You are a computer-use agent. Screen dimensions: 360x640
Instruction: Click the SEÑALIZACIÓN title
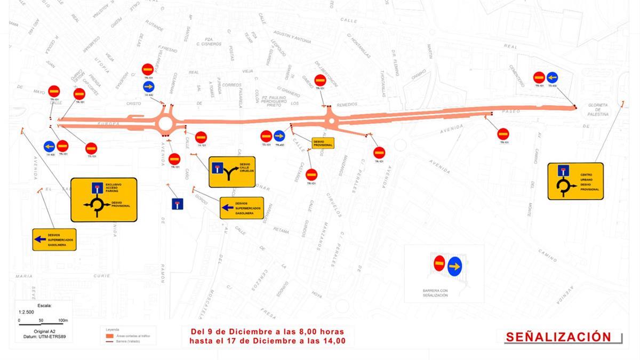click(558, 337)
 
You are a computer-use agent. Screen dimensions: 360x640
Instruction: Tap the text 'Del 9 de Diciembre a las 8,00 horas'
click(264, 331)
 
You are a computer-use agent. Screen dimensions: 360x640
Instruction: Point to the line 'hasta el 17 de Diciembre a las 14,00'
click(264, 341)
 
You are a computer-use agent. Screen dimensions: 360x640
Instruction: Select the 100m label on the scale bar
click(63, 321)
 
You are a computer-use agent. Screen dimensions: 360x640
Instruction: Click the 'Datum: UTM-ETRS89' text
click(41, 337)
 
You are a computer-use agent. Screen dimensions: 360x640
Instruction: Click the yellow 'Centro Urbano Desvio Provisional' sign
click(575, 181)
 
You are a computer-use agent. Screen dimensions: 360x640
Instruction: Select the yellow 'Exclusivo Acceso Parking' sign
click(104, 199)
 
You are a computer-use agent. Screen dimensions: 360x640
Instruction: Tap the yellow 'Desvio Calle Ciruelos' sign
click(232, 172)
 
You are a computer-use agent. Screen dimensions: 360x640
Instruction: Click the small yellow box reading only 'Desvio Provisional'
click(323, 143)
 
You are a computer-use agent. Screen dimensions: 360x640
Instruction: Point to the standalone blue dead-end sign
click(178, 204)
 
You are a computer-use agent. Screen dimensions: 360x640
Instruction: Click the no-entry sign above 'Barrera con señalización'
click(439, 263)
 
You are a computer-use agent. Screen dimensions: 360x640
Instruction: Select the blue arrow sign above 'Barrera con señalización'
click(454, 266)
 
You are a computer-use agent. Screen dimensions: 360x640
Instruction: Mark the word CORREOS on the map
click(232, 85)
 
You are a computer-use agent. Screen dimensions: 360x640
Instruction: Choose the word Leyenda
click(113, 330)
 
